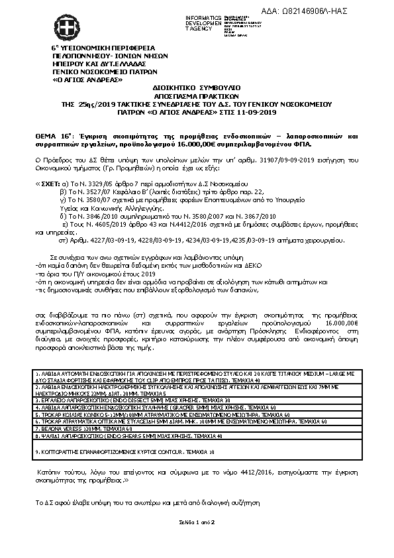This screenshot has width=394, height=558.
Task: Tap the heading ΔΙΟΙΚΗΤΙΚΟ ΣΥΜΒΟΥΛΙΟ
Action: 197,87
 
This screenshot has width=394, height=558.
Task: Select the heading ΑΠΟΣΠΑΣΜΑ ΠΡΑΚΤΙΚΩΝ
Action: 197,95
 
